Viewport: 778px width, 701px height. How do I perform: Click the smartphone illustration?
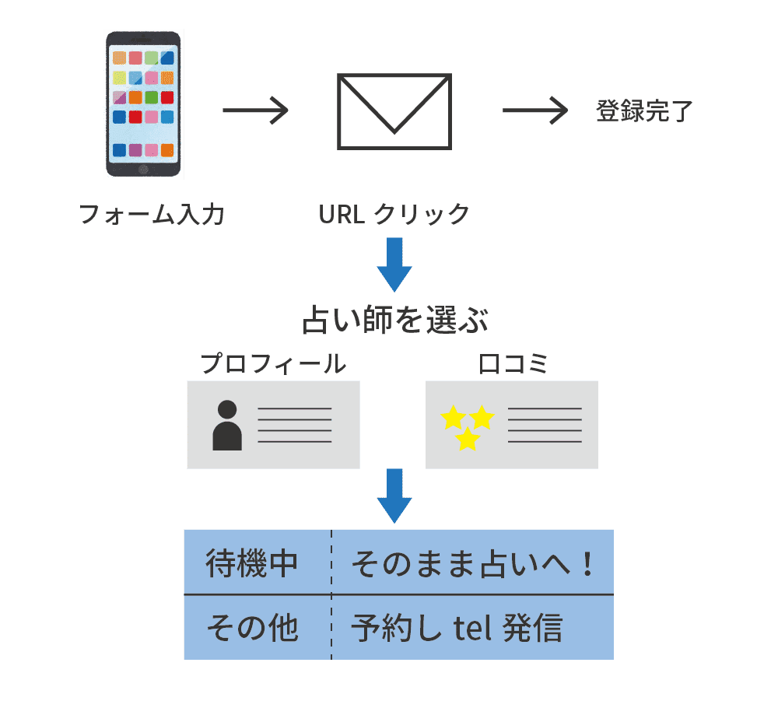[x=143, y=104]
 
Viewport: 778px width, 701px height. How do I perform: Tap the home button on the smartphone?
[x=143, y=169]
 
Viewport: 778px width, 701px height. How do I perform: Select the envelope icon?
[x=394, y=111]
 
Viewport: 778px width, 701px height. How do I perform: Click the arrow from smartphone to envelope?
[x=255, y=111]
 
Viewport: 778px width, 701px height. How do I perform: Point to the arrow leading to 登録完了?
[x=536, y=111]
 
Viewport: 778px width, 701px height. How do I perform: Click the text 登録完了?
[x=643, y=111]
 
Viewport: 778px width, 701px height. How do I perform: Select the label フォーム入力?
[x=152, y=214]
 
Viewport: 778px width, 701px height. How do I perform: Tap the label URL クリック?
[x=394, y=214]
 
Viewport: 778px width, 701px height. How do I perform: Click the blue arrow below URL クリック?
[x=394, y=265]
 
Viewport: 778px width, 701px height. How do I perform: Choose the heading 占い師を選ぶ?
[x=394, y=321]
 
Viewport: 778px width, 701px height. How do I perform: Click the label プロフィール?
[x=273, y=363]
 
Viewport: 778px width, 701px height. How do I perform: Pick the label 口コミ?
[x=513, y=363]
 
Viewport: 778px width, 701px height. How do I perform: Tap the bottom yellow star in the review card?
[x=467, y=440]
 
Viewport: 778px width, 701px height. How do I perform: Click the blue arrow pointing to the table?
[x=394, y=495]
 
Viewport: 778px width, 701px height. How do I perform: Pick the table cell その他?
[x=252, y=627]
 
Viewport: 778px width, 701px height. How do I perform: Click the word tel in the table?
[x=471, y=627]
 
